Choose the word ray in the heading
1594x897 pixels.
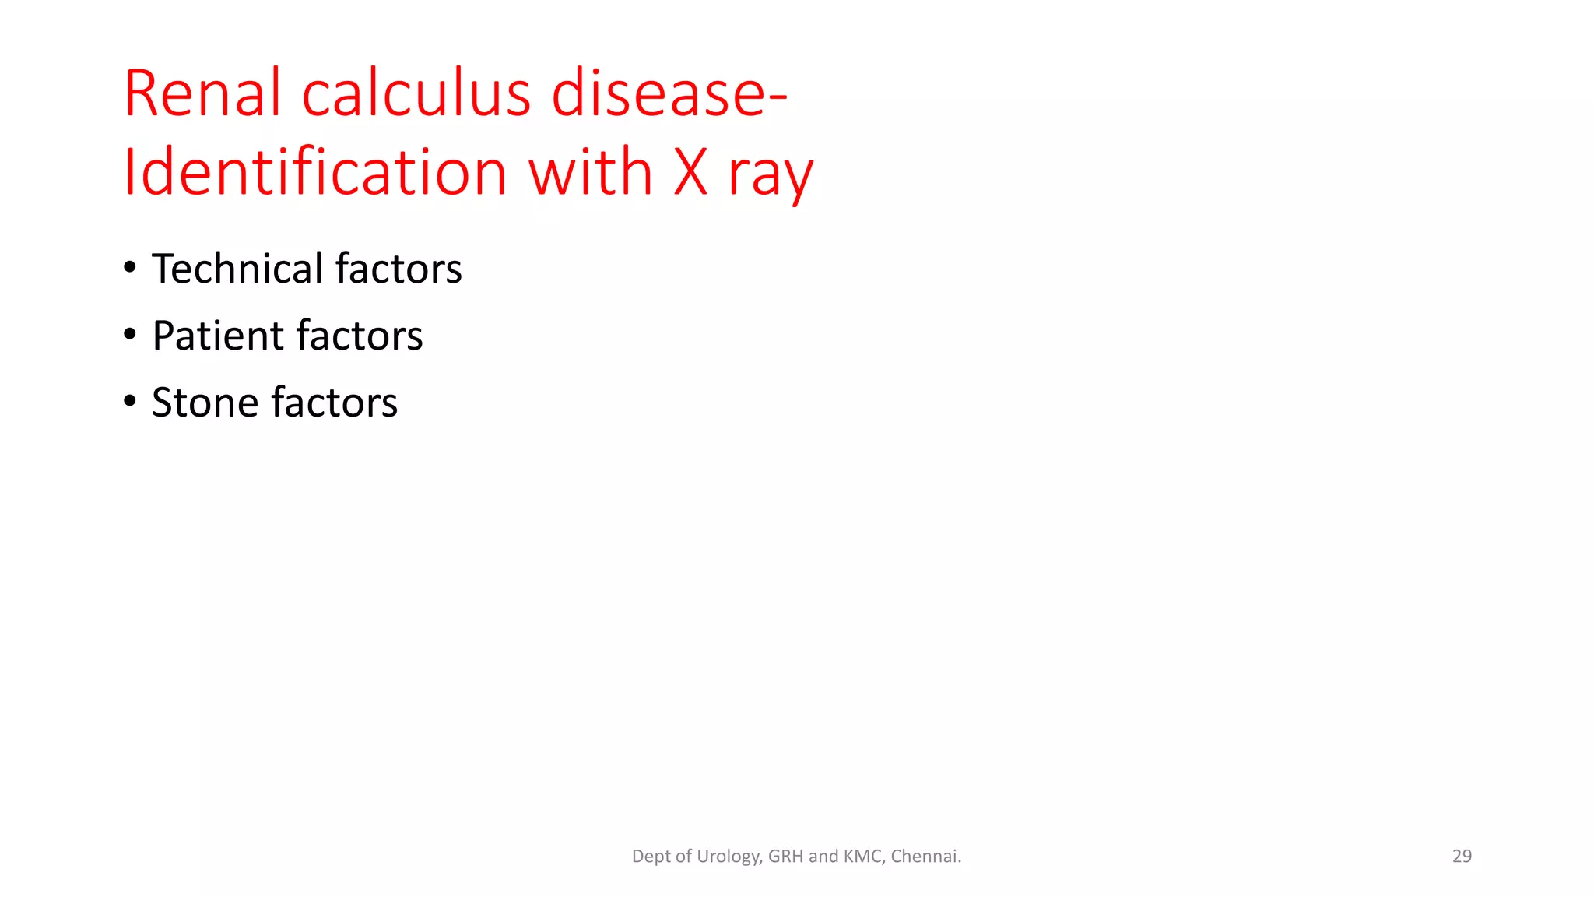770,175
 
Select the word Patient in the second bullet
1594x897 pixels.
218,336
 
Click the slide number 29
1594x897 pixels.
1462,856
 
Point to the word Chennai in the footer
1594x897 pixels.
925,856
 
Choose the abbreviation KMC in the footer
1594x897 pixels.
862,856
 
